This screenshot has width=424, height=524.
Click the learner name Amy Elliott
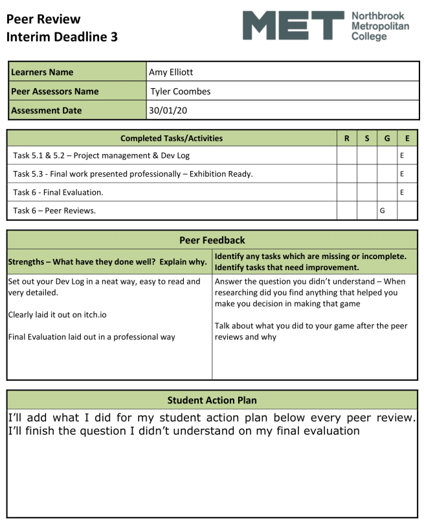point(171,72)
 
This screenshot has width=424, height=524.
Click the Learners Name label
point(43,72)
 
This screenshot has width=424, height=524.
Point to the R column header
point(347,138)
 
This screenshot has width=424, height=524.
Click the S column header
point(367,138)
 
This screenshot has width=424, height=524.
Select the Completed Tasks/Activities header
point(172,138)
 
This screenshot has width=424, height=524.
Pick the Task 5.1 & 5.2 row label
point(101,156)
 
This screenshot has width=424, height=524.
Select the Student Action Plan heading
point(212,400)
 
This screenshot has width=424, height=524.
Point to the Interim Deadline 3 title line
point(62,37)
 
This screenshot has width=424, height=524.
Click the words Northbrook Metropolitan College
point(379,27)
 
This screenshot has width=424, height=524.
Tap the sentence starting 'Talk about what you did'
point(311,331)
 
